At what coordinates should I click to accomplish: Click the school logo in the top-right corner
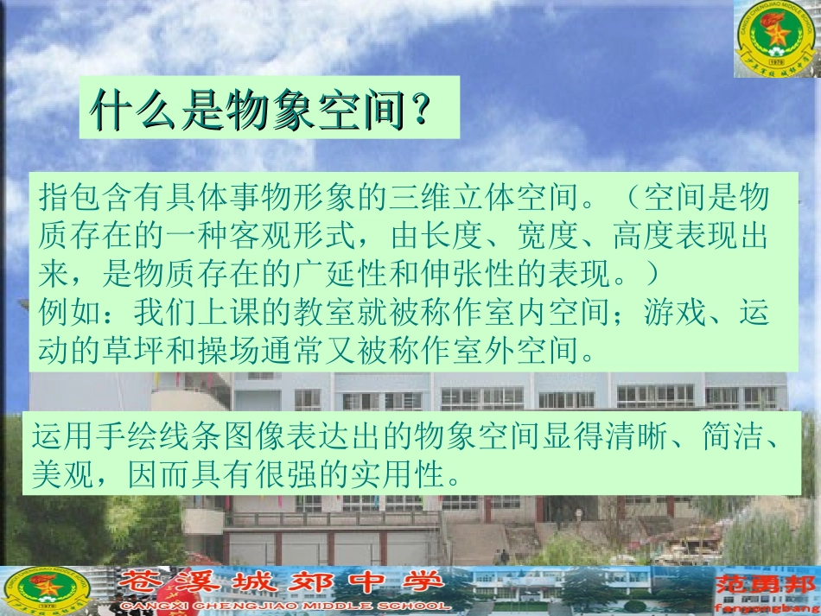776,39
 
